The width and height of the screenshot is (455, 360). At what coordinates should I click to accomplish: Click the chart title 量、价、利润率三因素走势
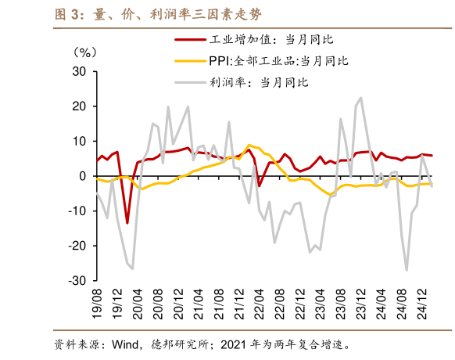pos(148,14)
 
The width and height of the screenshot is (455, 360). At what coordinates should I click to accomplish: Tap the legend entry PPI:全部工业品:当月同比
pos(278,60)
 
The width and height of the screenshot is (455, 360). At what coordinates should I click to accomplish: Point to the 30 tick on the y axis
pos(78,72)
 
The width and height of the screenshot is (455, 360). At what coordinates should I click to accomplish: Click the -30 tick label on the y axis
pos(76,280)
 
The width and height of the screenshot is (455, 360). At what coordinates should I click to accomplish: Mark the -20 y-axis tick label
pos(76,246)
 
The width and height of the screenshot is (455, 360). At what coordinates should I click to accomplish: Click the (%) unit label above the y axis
pos(85,52)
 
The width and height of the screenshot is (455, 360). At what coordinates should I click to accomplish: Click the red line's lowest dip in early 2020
pos(127,223)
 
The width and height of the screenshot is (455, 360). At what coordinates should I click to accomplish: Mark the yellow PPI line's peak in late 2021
pos(249,145)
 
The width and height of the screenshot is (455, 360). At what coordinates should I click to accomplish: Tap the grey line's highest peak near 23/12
pos(360,98)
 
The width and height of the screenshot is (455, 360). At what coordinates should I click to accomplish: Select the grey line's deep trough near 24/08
pos(407,270)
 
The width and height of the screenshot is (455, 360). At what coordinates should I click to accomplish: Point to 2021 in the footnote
pos(235,344)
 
